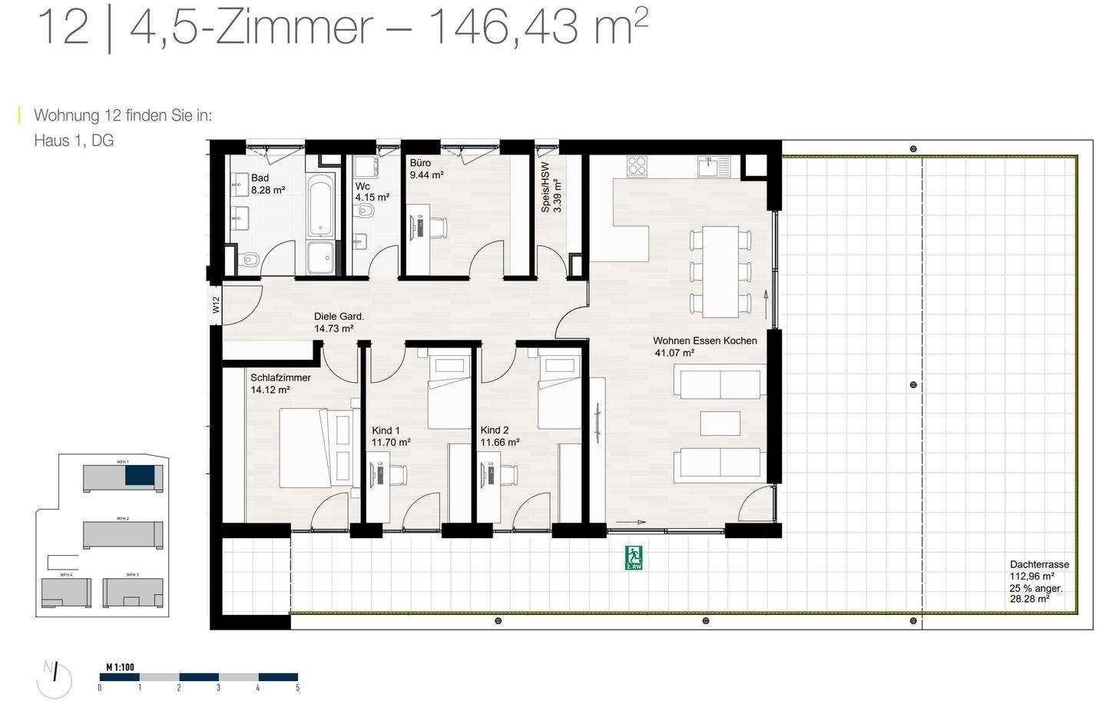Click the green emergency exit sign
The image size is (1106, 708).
[634, 557]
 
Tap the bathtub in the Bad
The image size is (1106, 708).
[320, 205]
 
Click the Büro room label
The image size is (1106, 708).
[420, 163]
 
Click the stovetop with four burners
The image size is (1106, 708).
[638, 166]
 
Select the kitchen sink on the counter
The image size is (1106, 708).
[710, 165]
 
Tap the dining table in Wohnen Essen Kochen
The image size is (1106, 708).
[720, 271]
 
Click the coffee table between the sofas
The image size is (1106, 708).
[720, 424]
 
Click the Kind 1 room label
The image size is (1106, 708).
[386, 430]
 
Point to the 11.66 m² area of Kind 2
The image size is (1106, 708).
[499, 443]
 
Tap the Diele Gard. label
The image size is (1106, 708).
[338, 316]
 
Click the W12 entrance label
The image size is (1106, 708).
[216, 305]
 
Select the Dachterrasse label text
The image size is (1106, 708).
[1039, 564]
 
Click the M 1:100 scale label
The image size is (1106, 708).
[120, 666]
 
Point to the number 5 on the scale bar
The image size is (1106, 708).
[297, 688]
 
